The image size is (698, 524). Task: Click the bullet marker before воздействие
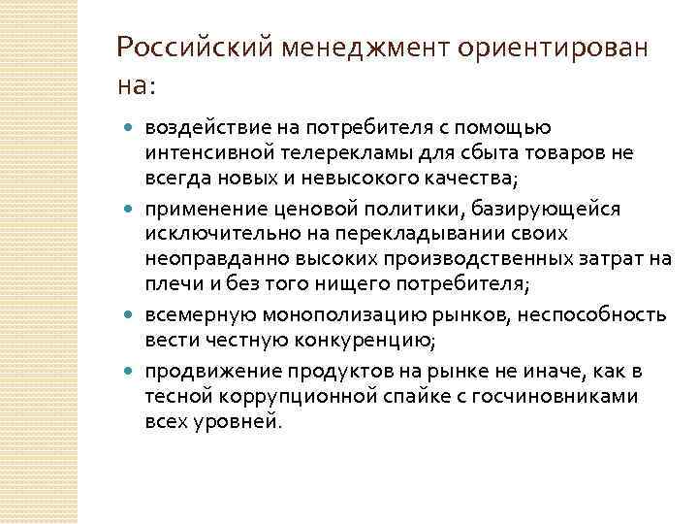(132, 128)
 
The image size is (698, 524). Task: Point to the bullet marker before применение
(132, 209)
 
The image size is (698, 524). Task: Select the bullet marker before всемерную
(132, 315)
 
